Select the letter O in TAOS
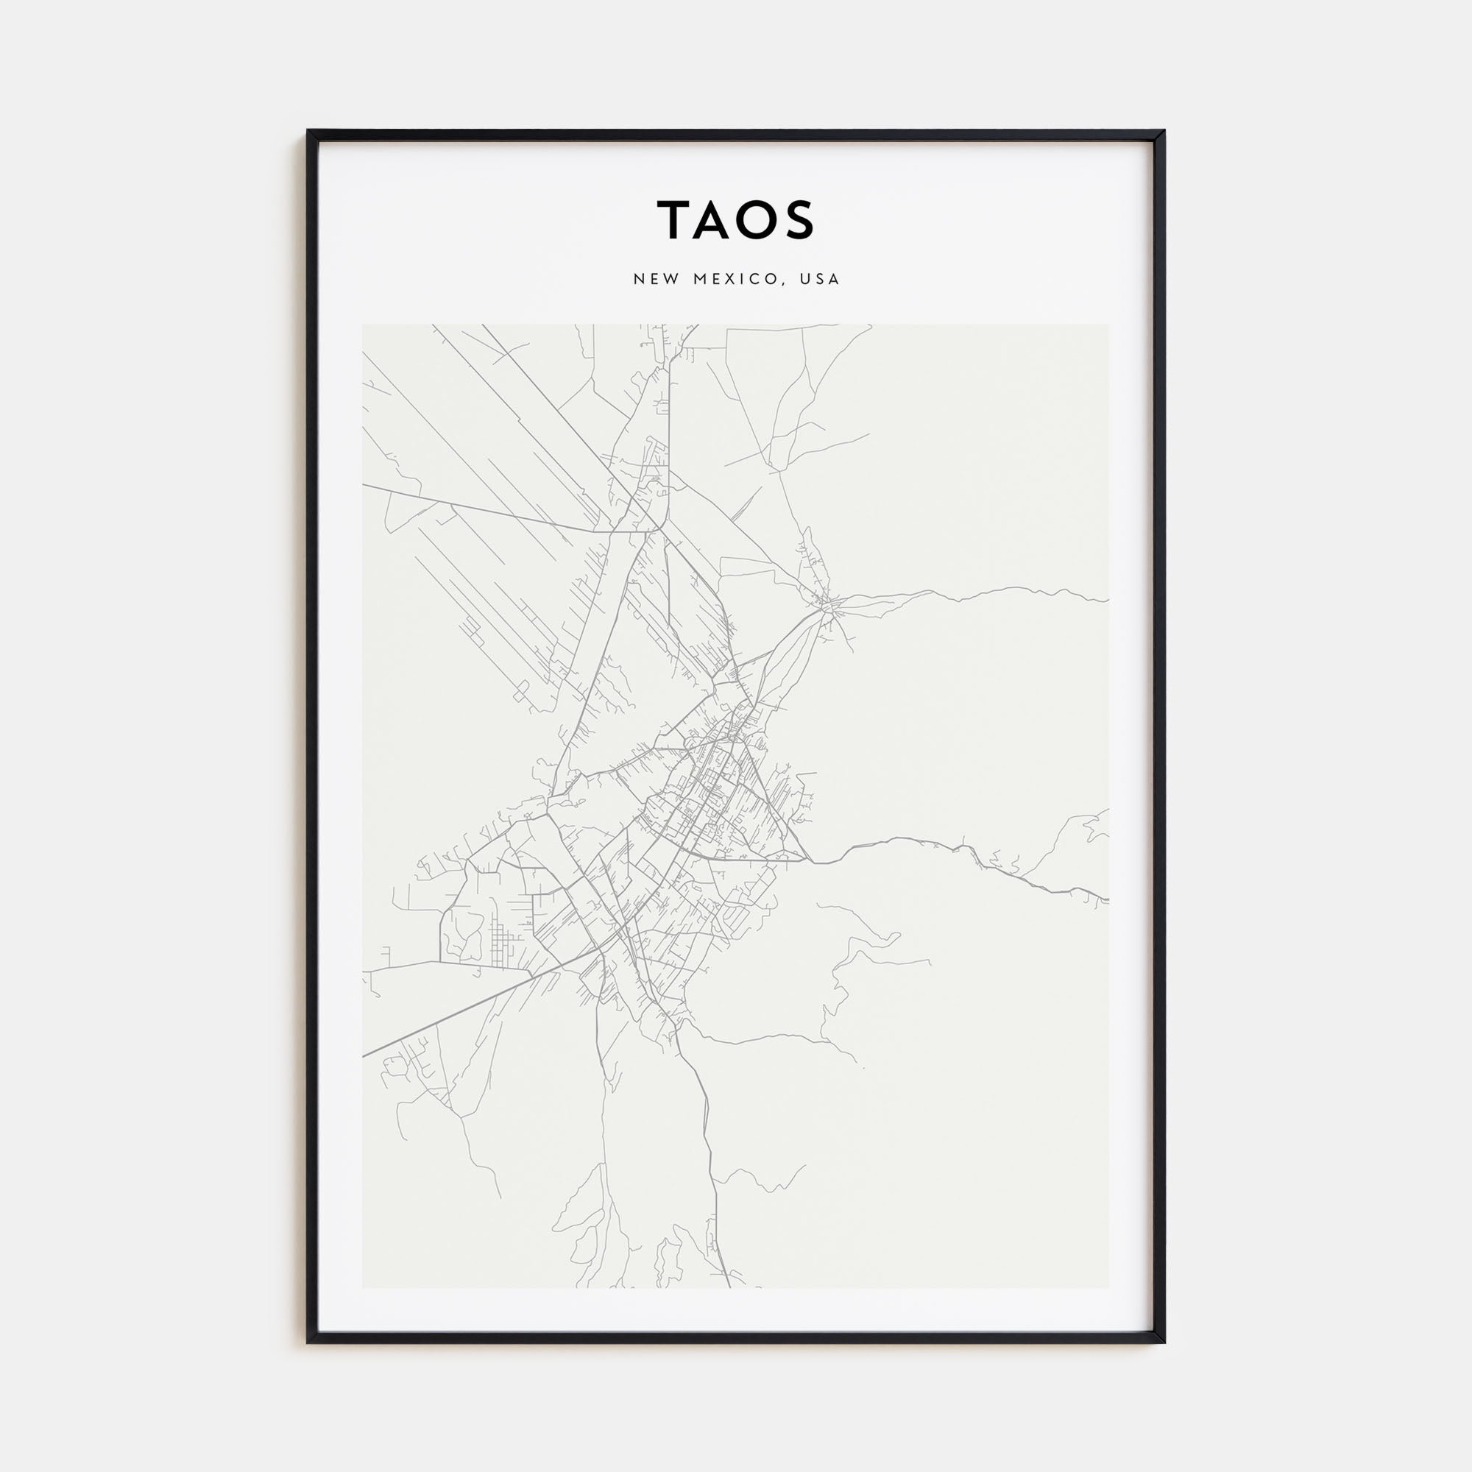pos(756,220)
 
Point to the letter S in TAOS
pos(799,220)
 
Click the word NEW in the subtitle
pos(657,279)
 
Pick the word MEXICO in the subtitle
pos(736,279)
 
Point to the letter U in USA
pos(804,279)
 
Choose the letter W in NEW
pos(671,279)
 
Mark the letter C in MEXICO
pos(759,279)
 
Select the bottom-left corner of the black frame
pos(308,1342)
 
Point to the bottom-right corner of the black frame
pos(1164,1342)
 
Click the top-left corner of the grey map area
pos(363,325)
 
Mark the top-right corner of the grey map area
pos(1108,325)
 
